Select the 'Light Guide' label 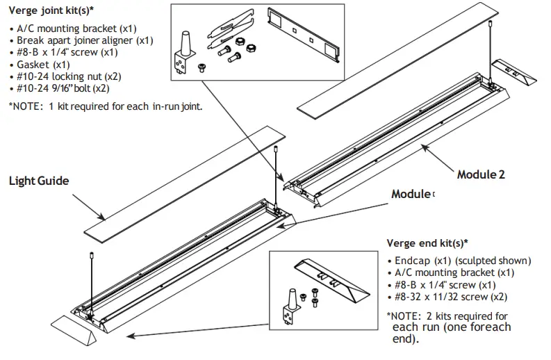tap(39, 181)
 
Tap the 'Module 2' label tap(481, 174)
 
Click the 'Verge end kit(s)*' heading tap(427, 243)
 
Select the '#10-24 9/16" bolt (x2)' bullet tap(61, 88)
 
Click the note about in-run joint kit tap(105, 107)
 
